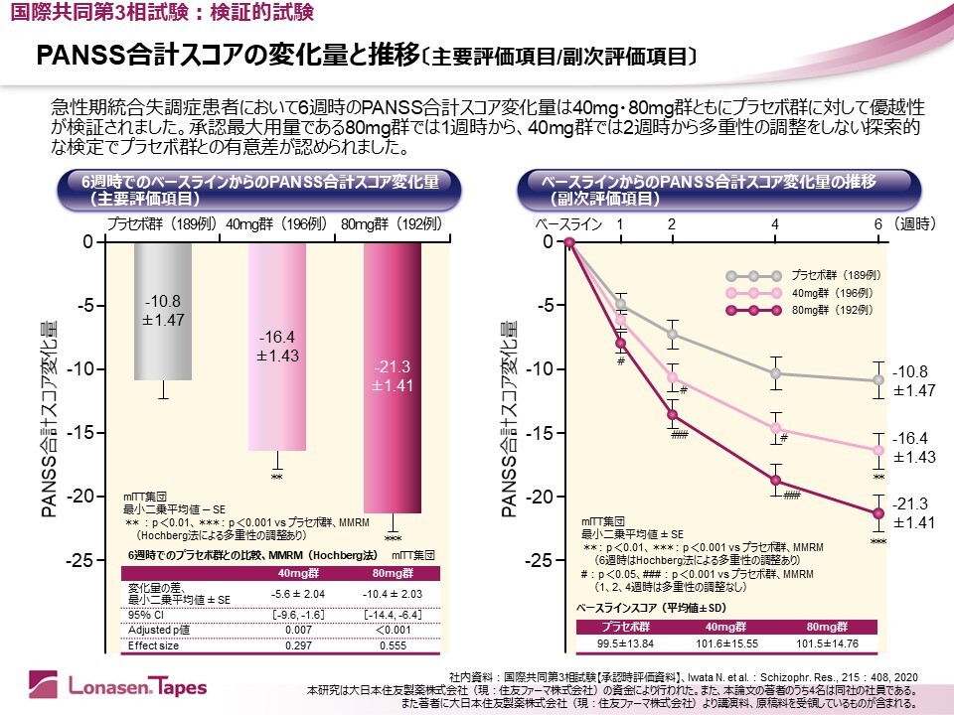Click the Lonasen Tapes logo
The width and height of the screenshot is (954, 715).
109,683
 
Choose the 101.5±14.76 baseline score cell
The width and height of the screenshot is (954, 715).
826,643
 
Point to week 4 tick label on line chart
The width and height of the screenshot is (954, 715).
775,224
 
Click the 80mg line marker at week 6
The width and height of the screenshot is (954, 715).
878,513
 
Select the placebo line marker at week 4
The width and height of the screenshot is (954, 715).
775,373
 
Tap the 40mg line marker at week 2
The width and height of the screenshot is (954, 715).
672,377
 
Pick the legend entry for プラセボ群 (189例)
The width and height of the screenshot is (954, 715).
833,275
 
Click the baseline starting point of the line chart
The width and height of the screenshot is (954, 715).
569,242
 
